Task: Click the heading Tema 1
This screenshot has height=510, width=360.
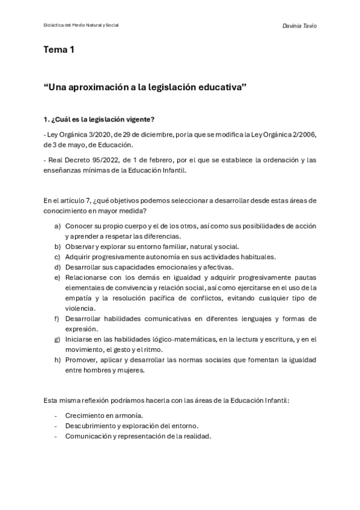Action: point(59,51)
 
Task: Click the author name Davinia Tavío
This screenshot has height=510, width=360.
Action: point(299,26)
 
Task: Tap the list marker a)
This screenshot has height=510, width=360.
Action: point(58,226)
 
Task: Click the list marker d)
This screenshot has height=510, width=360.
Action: point(58,266)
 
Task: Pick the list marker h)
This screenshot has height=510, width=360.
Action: point(58,360)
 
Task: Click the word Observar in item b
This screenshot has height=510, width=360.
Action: point(81,246)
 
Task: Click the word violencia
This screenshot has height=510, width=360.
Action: point(81,308)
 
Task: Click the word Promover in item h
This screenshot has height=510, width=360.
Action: point(82,360)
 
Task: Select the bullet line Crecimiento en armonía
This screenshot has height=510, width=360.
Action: point(104,416)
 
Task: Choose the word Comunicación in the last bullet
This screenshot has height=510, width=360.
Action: point(90,436)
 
